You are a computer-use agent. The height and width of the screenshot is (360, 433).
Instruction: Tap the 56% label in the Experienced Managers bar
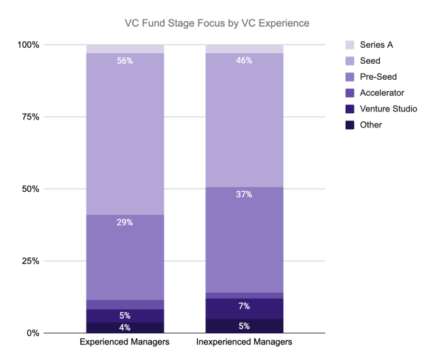click(x=125, y=61)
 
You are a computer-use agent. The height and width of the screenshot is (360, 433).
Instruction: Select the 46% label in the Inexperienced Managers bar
click(x=244, y=61)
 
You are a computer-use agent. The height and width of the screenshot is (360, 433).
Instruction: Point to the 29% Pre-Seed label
click(x=125, y=222)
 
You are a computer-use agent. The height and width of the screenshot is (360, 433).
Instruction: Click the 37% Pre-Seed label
click(x=244, y=194)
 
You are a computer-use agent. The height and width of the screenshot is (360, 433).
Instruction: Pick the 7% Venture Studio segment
click(x=244, y=309)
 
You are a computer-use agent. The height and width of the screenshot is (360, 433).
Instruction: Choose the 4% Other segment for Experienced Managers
click(x=125, y=328)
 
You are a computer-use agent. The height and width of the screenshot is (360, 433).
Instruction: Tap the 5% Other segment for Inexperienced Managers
click(x=244, y=326)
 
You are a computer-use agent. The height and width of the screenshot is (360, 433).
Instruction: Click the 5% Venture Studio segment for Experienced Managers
click(x=125, y=316)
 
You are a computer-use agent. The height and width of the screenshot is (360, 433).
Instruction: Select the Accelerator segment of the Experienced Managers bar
click(x=125, y=304)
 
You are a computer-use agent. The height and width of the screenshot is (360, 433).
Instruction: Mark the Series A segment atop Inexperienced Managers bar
click(x=244, y=49)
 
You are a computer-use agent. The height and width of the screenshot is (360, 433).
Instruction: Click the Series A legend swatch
click(x=350, y=45)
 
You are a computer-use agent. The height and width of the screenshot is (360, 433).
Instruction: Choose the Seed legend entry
click(x=363, y=61)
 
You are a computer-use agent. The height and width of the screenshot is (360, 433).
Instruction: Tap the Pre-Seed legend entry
click(x=371, y=77)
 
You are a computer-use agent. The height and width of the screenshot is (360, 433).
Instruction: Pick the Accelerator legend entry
click(x=375, y=93)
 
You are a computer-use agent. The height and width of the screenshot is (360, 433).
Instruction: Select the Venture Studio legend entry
click(x=382, y=109)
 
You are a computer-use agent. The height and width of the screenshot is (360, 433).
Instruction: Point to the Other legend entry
click(x=364, y=125)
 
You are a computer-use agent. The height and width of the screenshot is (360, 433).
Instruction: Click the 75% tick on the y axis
click(x=31, y=117)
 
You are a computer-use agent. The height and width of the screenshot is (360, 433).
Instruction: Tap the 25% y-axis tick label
click(x=31, y=261)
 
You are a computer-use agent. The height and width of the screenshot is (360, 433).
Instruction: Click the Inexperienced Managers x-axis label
click(x=244, y=342)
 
